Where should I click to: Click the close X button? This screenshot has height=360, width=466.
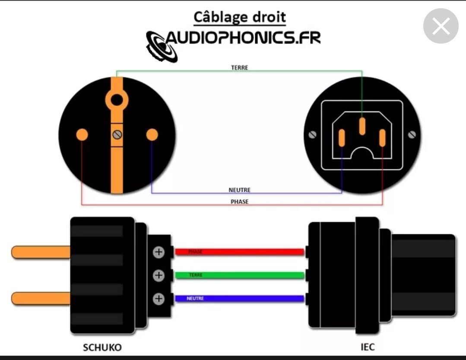pyautogui.click(x=441, y=26)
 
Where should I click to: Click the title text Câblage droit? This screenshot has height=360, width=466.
pyautogui.click(x=239, y=17)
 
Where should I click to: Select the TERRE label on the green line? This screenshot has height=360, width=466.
pyautogui.click(x=239, y=68)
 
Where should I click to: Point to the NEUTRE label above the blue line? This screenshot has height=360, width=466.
pyautogui.click(x=239, y=190)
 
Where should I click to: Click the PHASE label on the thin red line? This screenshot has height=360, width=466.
pyautogui.click(x=239, y=201)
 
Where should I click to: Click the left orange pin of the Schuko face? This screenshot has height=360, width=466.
pyautogui.click(x=82, y=135)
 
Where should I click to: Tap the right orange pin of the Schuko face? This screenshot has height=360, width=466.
pyautogui.click(x=152, y=135)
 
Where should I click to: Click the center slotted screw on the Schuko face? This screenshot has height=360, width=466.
pyautogui.click(x=117, y=135)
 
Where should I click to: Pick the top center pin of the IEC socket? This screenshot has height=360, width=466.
pyautogui.click(x=362, y=126)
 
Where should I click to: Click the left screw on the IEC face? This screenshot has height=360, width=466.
pyautogui.click(x=313, y=135)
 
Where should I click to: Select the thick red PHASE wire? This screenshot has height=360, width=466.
pyautogui.click(x=240, y=252)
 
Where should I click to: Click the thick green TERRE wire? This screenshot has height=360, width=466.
pyautogui.click(x=240, y=275)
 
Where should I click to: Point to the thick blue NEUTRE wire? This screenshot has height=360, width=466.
pyautogui.click(x=240, y=298)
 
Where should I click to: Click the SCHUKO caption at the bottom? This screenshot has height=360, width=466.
pyautogui.click(x=102, y=347)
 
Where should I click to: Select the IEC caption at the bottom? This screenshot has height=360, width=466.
pyautogui.click(x=367, y=347)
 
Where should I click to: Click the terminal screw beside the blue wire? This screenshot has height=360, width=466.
pyautogui.click(x=159, y=298)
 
